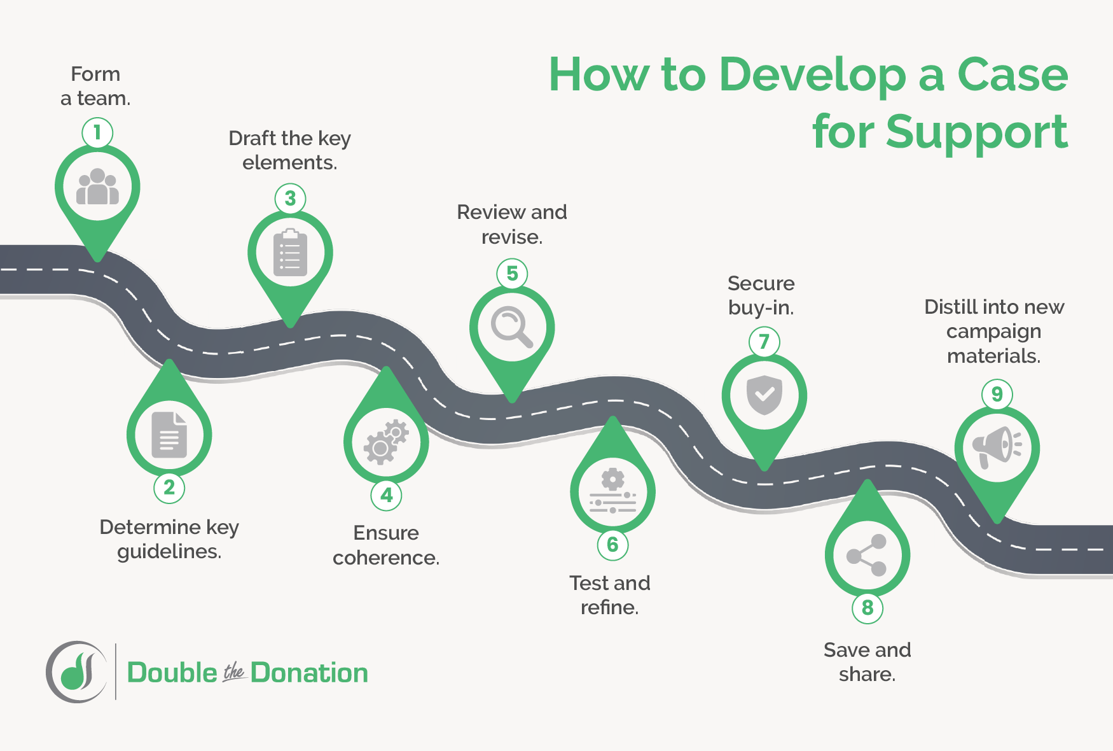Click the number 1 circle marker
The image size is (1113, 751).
tap(97, 133)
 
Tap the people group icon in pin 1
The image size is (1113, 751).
tap(97, 186)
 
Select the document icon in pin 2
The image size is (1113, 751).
tap(169, 435)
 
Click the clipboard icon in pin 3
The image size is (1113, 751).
tap(290, 253)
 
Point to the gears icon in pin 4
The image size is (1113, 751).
tap(386, 442)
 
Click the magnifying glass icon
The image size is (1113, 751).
tap(512, 327)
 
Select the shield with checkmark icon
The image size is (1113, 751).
tap(764, 395)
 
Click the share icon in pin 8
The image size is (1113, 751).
tap(867, 555)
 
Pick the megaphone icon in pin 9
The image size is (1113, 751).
tap(997, 447)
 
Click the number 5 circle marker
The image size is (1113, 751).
tap(512, 274)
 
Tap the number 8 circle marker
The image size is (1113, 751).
tap(868, 608)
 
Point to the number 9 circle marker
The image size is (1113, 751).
tap(997, 395)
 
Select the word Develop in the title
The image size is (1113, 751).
tap(813, 75)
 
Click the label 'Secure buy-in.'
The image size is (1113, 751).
tap(761, 295)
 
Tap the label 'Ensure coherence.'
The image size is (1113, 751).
tap(386, 545)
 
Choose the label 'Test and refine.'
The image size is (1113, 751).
tap(610, 595)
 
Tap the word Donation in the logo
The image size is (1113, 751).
tap(309, 673)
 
